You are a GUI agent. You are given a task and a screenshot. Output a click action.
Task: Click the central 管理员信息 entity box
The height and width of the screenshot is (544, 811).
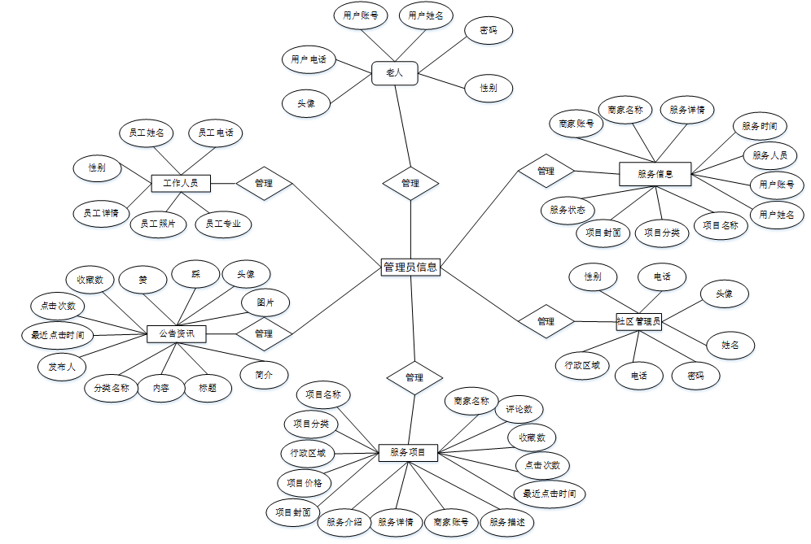point(410,267)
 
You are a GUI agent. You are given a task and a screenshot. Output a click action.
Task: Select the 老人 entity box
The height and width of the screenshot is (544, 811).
point(394,73)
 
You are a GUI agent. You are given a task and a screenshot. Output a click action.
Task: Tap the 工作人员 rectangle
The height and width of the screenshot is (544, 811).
point(181,183)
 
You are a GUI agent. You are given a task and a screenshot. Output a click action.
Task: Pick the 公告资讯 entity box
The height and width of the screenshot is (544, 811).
point(176,333)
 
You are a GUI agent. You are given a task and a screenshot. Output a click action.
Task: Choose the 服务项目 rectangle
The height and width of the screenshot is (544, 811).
point(408,452)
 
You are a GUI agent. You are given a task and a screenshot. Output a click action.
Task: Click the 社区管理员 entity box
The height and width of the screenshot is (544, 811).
point(639,321)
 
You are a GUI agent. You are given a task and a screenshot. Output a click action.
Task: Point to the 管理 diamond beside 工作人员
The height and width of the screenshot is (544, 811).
point(264,183)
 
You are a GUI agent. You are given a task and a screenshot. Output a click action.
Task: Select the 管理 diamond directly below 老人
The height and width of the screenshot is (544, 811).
point(410,184)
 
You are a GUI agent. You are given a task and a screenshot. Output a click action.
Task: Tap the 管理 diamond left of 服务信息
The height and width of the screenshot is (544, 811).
point(546,171)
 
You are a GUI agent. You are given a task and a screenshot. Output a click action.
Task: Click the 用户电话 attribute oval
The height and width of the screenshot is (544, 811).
point(309,59)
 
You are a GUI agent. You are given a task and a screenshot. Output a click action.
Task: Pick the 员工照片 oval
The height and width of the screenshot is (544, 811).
point(159,224)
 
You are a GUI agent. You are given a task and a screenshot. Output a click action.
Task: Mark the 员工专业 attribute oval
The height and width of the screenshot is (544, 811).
point(223,224)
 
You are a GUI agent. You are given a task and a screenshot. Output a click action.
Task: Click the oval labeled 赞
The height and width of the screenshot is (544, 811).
point(142,280)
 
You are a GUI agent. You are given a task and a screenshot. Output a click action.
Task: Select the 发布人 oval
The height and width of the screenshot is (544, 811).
point(61,366)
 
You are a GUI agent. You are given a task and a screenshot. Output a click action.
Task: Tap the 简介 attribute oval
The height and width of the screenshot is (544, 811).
point(264,375)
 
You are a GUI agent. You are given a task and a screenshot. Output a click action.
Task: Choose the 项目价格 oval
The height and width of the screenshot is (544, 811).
point(305,483)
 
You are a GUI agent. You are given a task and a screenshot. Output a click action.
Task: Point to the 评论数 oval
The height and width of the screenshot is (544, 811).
point(519,409)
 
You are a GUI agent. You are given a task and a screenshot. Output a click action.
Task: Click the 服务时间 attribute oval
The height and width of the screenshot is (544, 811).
point(758,127)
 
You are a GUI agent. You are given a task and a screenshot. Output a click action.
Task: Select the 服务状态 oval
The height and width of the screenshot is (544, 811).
point(567,210)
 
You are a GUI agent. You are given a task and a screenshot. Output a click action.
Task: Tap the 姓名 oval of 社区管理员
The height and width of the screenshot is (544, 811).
point(730,345)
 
